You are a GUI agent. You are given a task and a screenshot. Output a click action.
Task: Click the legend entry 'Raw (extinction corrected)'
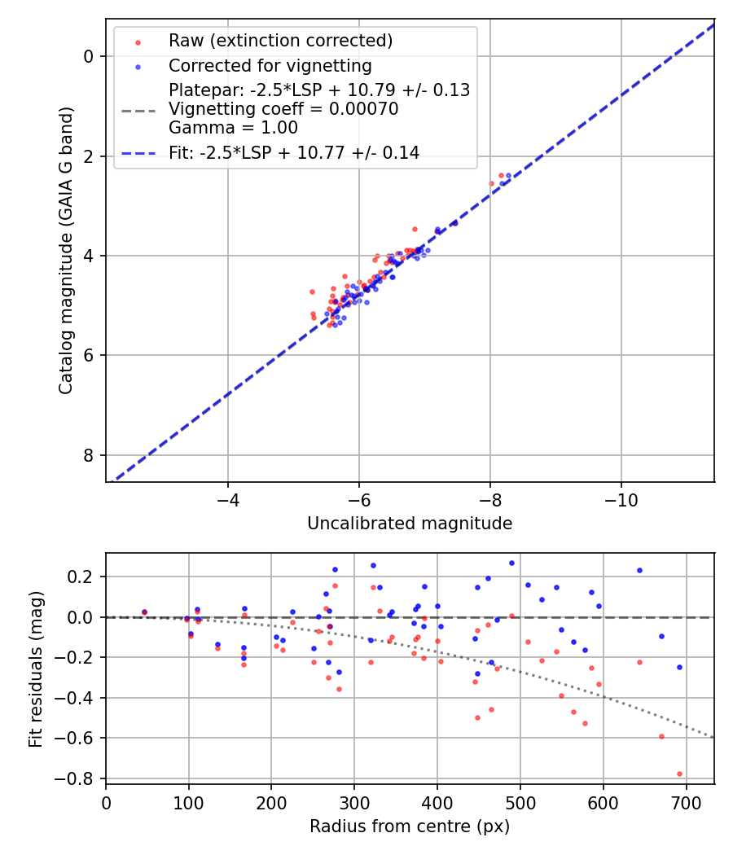point(280,41)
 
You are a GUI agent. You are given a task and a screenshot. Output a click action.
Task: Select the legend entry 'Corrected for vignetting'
point(270,66)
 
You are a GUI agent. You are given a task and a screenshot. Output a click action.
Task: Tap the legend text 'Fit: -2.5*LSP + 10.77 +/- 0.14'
point(294,152)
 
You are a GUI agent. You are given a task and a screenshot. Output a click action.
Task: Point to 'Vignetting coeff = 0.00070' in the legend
point(283,109)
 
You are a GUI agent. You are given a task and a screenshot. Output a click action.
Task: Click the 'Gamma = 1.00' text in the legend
point(233,128)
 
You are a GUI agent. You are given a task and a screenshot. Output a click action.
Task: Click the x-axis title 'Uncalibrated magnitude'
point(410,524)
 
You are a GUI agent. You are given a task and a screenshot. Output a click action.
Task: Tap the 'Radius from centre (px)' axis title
point(410,826)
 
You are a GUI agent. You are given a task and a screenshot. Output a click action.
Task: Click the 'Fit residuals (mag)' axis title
point(35,669)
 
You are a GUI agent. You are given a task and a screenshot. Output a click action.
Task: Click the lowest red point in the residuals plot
point(679,774)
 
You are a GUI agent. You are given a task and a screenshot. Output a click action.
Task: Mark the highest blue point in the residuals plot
point(511,563)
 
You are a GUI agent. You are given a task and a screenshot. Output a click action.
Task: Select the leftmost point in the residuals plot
point(144,612)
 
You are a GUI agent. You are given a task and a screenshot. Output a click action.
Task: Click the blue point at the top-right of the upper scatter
point(508,176)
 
